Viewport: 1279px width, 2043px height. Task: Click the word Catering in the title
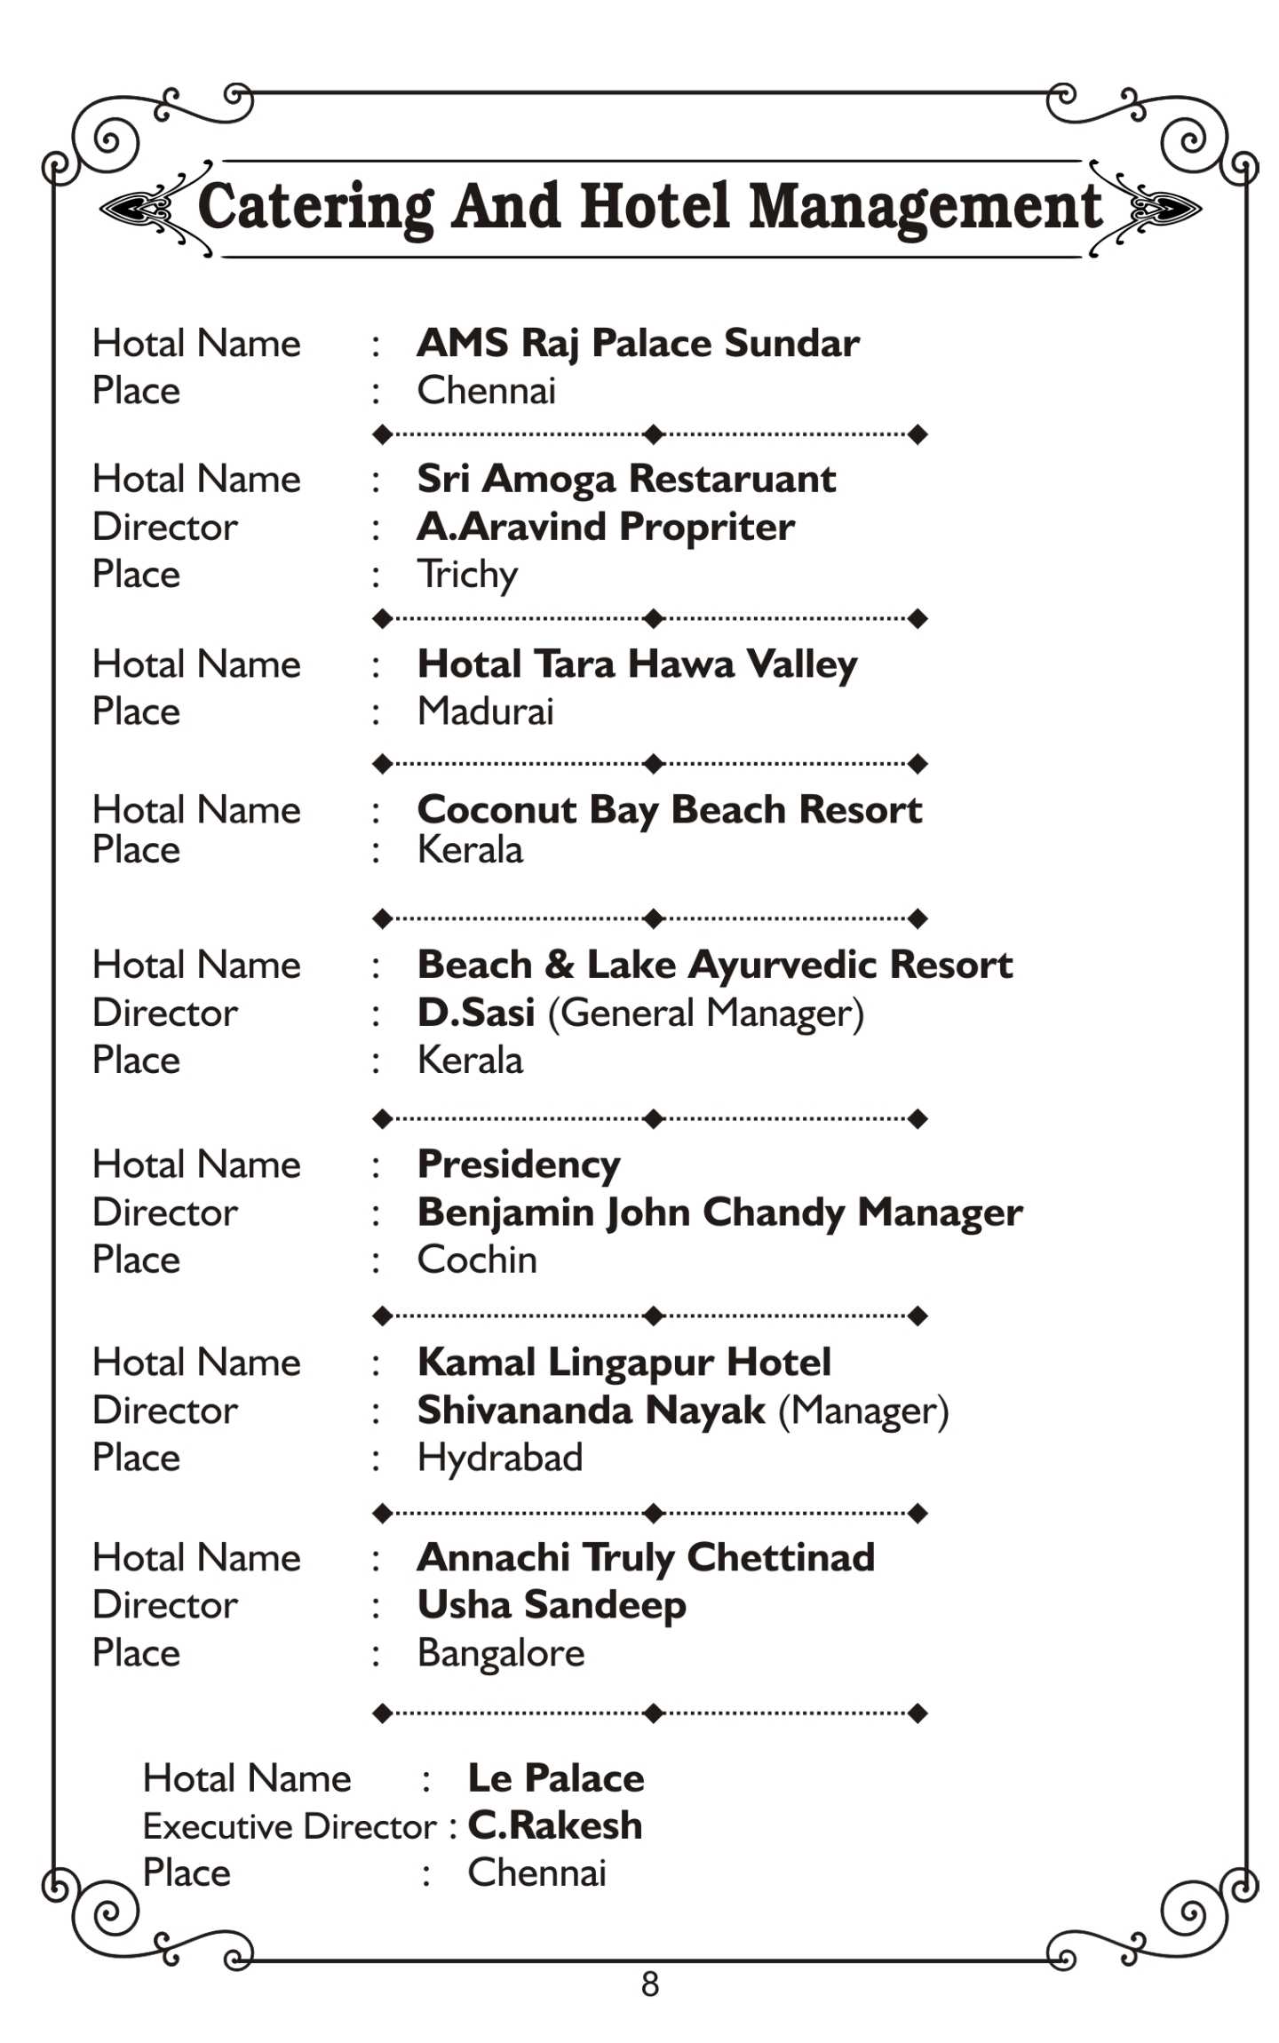click(x=314, y=206)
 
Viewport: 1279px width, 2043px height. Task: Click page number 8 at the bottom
click(x=649, y=1983)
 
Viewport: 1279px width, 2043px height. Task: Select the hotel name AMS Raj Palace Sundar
click(x=637, y=343)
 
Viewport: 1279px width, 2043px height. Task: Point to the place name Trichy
click(x=467, y=574)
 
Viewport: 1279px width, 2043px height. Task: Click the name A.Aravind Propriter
click(x=606, y=527)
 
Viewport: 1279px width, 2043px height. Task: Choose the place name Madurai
click(x=485, y=711)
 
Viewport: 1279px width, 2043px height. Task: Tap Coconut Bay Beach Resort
click(x=669, y=809)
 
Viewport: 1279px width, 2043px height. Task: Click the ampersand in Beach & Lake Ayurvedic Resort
click(x=559, y=965)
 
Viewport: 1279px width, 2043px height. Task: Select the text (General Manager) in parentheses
click(x=705, y=1013)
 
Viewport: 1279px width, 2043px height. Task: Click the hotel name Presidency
click(x=519, y=1164)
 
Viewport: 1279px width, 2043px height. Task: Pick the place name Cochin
click(x=477, y=1260)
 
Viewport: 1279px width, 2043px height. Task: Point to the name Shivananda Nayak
click(x=591, y=1410)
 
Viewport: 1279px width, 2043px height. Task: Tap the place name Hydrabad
click(x=499, y=1458)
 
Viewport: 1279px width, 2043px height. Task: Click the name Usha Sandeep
click(x=551, y=1604)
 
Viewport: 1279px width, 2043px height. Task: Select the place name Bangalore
click(x=501, y=1652)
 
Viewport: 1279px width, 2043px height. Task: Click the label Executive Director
click(x=290, y=1826)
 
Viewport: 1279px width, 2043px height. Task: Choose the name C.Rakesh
click(x=554, y=1825)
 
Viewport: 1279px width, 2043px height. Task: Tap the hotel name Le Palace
click(x=555, y=1777)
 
